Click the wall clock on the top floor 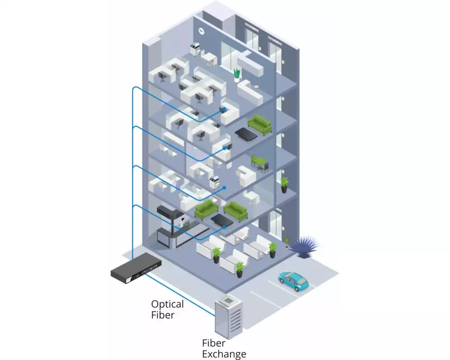(x=201, y=30)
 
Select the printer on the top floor (x=195, y=49)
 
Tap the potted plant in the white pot (x=237, y=74)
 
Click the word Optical (x=167, y=304)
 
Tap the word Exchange (x=224, y=354)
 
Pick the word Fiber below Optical (x=162, y=315)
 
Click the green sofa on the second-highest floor (x=260, y=124)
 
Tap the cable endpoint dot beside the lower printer (x=224, y=187)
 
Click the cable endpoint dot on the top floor (x=221, y=110)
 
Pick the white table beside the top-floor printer (x=208, y=57)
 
